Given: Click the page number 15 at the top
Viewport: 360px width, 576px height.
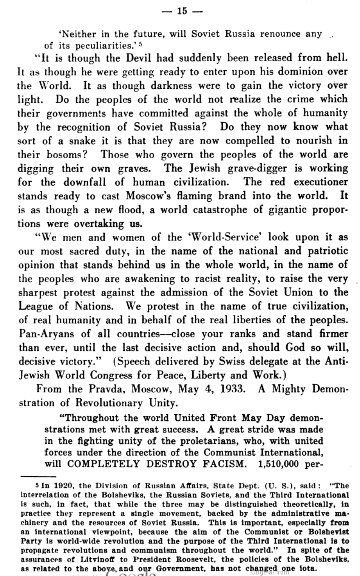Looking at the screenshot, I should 182,11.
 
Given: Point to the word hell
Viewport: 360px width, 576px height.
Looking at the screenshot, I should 336,58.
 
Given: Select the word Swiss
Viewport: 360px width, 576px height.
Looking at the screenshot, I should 232,361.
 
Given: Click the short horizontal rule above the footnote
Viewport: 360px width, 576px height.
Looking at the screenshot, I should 38,477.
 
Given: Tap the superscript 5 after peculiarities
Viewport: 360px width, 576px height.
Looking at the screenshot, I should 140,44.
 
